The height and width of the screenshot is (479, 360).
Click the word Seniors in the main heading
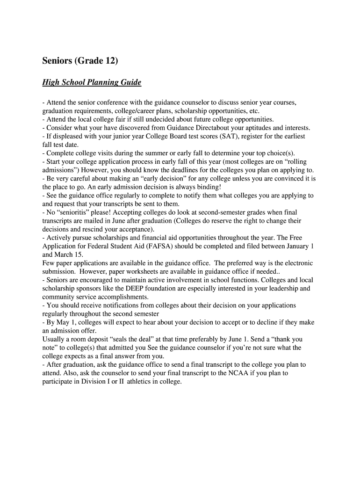58,61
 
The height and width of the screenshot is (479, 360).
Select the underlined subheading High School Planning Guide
92,83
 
